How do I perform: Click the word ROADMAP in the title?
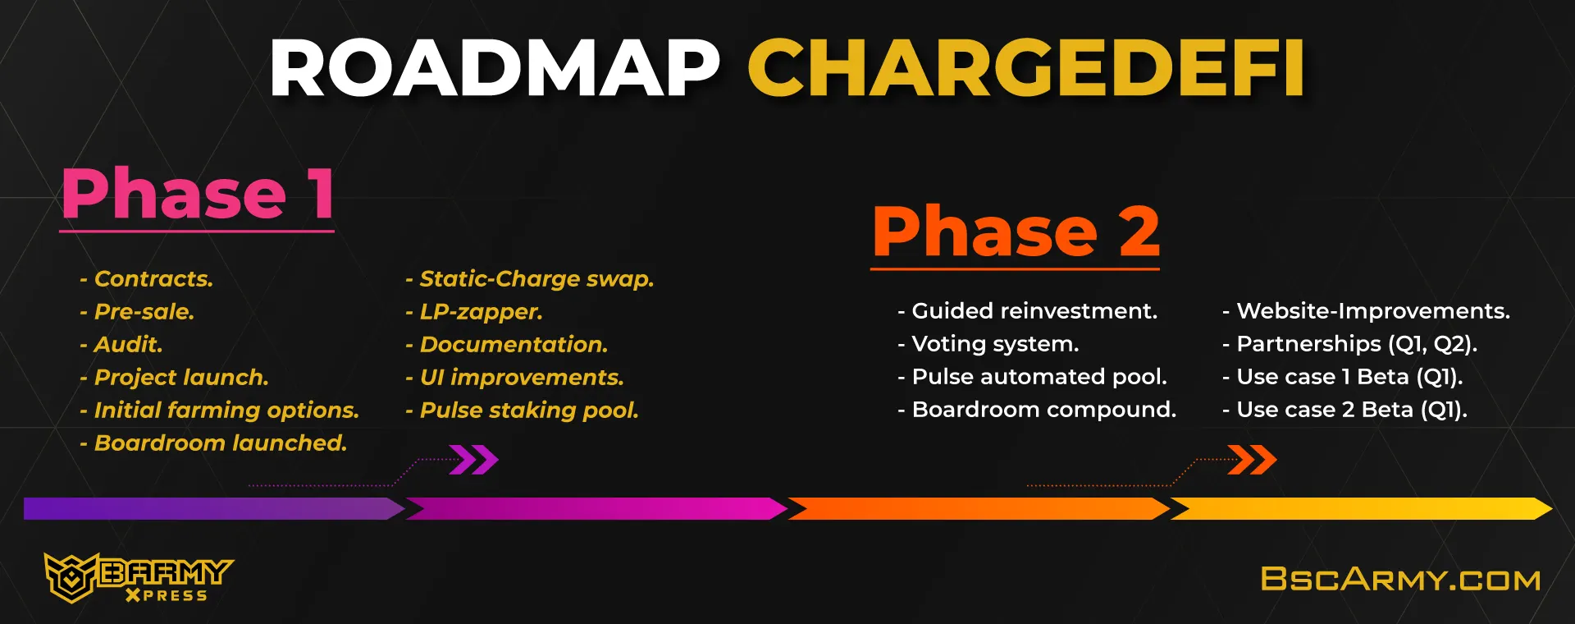point(495,68)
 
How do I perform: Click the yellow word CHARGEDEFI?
point(1026,68)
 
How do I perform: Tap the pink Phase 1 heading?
point(198,194)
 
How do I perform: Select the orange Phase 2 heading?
point(1016,232)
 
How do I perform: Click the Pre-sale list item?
point(137,312)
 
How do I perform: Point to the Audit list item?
point(121,345)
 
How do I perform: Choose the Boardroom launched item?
point(213,443)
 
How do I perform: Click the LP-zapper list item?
point(474,312)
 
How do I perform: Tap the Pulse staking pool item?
point(522,411)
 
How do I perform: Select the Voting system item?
point(988,344)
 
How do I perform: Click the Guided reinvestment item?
point(1028,311)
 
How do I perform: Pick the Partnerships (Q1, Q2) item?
point(1350,344)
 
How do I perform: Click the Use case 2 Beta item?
point(1345,410)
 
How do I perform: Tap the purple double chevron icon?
point(474,460)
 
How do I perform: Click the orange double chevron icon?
point(1253,460)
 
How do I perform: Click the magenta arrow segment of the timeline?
point(597,509)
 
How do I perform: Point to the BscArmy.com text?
point(1401,580)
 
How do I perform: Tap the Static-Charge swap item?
point(530,279)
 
